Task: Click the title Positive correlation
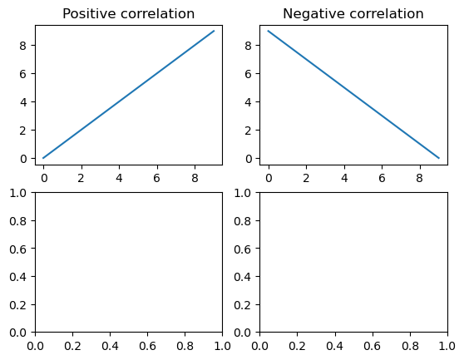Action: coord(128,14)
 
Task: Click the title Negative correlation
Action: coord(353,14)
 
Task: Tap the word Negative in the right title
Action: coord(308,13)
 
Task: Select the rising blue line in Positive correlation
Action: coord(129,94)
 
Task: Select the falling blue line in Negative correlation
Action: coord(353,94)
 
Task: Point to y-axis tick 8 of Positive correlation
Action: coord(22,45)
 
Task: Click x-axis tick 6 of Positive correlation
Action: coord(157,178)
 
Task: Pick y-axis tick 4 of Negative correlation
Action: coord(249,102)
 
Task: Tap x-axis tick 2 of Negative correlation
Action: coord(306,178)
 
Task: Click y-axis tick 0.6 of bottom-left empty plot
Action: coord(17,249)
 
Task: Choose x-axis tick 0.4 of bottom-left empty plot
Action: coord(110,346)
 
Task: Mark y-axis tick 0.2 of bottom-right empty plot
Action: coord(242,304)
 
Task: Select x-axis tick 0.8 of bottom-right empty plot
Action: coord(410,346)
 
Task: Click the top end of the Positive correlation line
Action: coord(214,31)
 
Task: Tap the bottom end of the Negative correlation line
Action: coord(439,158)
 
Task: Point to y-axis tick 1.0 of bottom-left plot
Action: coord(17,193)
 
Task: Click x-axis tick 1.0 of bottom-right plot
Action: coord(447,346)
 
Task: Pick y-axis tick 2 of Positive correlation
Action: coord(22,131)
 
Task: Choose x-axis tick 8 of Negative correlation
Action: coord(419,178)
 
